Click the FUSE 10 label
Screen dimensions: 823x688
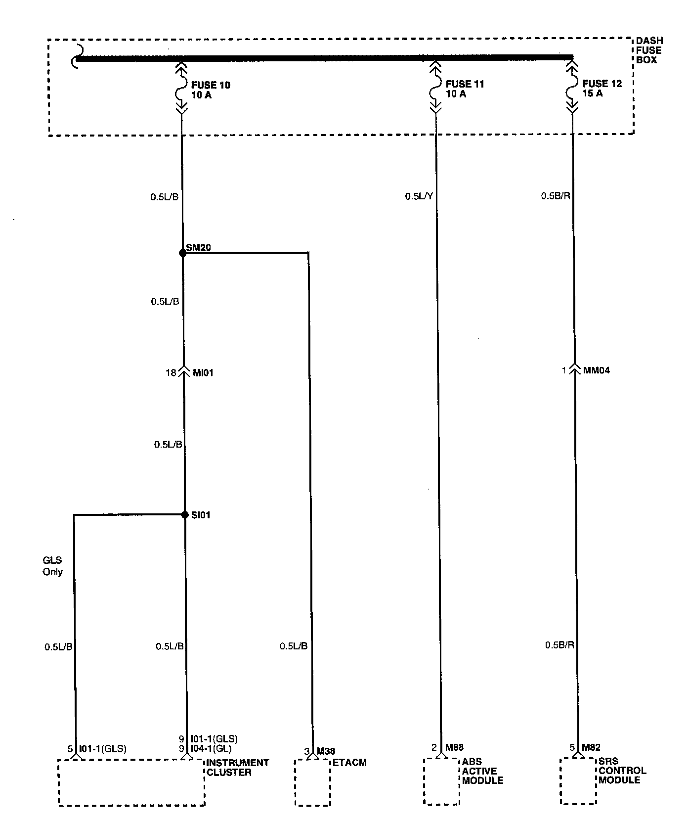click(x=211, y=85)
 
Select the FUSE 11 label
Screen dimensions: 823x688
click(x=465, y=84)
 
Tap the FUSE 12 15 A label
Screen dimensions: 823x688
click(x=602, y=89)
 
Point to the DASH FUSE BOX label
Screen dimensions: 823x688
click(x=649, y=50)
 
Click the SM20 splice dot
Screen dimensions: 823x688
click(x=182, y=253)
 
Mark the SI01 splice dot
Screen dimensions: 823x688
click(x=185, y=515)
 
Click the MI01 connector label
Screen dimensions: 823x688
click(x=203, y=373)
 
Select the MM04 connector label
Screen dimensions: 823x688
click(x=597, y=370)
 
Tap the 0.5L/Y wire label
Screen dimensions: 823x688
click(x=419, y=196)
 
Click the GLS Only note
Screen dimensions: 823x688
click(x=52, y=566)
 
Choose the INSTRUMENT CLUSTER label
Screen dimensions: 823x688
click(x=237, y=768)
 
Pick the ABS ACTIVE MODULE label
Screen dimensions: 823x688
click(x=482, y=771)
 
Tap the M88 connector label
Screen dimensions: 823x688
click(x=454, y=747)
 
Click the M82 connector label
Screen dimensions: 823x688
click(x=591, y=747)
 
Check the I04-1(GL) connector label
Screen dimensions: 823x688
click(x=211, y=749)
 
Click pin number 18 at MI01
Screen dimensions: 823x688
click(x=171, y=373)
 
